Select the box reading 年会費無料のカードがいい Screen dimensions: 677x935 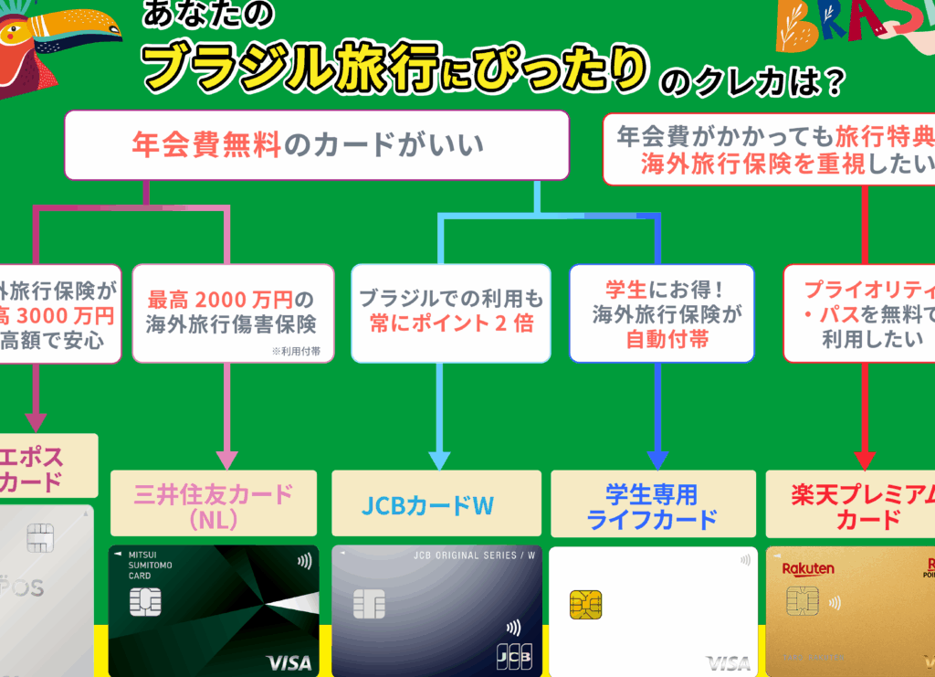316,144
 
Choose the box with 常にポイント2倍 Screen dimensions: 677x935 451,312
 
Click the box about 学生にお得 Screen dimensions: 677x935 662,313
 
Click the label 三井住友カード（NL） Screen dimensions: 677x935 214,505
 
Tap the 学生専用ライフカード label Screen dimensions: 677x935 652,505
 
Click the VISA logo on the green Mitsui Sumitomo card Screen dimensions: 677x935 288,661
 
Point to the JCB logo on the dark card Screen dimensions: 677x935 514,655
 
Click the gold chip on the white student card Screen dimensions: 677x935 585,604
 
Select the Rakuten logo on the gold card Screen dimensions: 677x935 808,568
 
